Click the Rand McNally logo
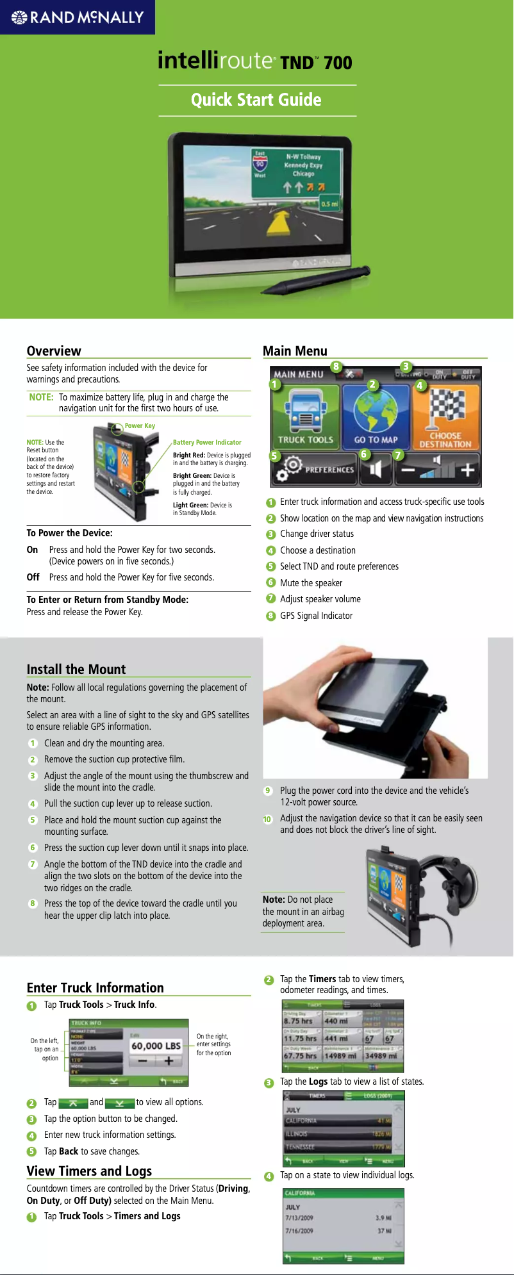78,17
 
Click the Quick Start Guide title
256,100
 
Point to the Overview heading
54,350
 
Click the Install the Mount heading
76,670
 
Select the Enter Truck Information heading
95,987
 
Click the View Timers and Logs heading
89,1171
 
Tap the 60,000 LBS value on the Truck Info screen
156,1046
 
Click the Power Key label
140,425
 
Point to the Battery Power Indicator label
207,442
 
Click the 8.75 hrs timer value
299,1021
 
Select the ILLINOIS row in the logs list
344,1134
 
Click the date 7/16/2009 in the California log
299,1231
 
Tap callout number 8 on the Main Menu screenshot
336,366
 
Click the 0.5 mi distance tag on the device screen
329,204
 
